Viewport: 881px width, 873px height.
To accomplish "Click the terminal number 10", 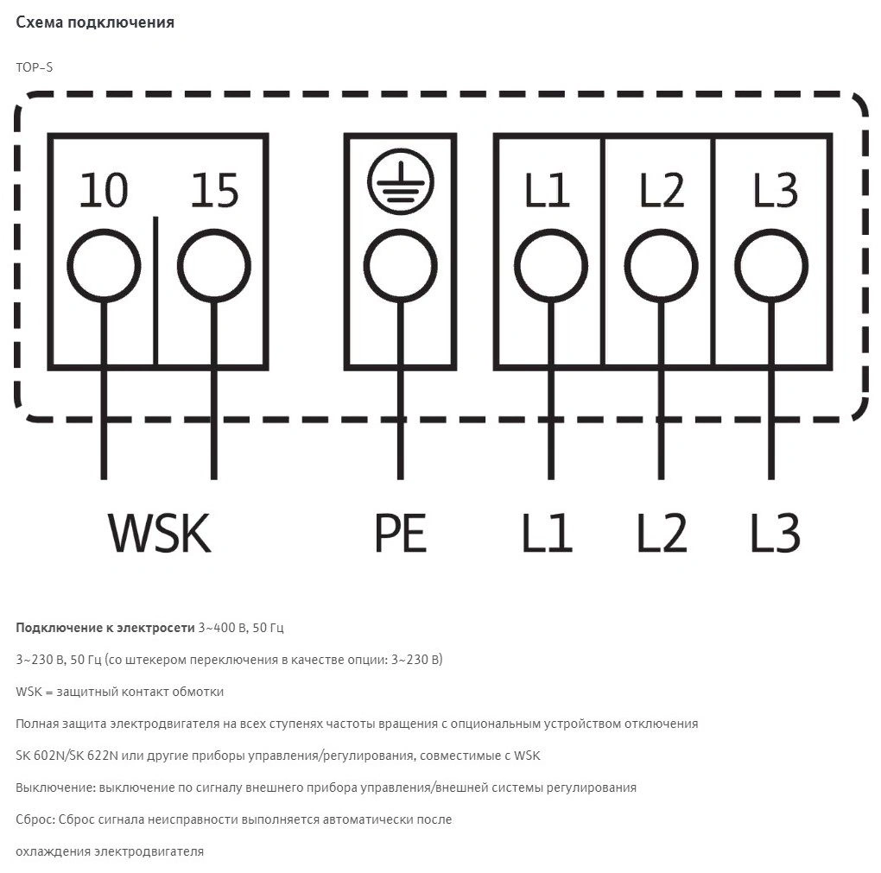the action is pyautogui.click(x=104, y=191).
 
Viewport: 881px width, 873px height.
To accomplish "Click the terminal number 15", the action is pyautogui.click(x=214, y=191).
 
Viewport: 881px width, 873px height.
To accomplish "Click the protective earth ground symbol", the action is pyautogui.click(x=401, y=181).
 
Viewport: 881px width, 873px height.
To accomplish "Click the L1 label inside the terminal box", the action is pyautogui.click(x=547, y=191).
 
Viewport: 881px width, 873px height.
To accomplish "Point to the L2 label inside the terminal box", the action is pyautogui.click(x=662, y=191).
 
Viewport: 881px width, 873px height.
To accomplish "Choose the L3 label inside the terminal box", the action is pyautogui.click(x=776, y=191).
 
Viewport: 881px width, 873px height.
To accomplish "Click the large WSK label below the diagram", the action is pyautogui.click(x=160, y=533).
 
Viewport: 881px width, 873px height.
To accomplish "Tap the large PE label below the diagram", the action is pyautogui.click(x=400, y=533).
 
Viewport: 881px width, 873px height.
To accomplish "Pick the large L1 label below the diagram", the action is pyautogui.click(x=547, y=533).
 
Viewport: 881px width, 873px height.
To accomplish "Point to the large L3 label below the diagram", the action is pyautogui.click(x=776, y=533).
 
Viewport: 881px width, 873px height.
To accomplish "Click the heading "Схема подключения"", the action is pyautogui.click(x=95, y=22).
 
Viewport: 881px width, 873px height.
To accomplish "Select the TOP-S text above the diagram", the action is pyautogui.click(x=35, y=67).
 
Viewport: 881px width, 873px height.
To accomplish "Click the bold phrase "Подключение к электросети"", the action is pyautogui.click(x=105, y=628).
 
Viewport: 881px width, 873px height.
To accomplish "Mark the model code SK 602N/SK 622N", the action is pyautogui.click(x=67, y=756).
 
